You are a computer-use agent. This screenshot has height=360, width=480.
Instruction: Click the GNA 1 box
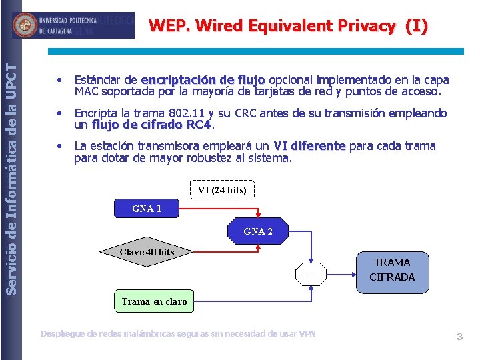(x=147, y=209)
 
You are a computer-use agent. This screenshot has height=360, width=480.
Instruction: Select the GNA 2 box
(x=258, y=231)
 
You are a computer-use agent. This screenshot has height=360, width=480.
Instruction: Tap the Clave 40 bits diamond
(x=147, y=252)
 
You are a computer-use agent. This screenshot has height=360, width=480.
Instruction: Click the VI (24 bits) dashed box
(x=222, y=190)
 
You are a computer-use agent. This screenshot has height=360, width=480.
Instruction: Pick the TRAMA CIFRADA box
(x=392, y=270)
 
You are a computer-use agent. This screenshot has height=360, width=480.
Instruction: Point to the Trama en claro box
(x=154, y=301)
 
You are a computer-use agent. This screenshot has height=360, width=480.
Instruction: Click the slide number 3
(x=459, y=337)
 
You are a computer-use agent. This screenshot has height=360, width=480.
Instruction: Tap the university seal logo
(x=26, y=25)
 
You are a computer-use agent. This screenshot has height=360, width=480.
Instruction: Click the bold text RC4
(x=199, y=125)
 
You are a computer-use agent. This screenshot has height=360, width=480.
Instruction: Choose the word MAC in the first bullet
(x=86, y=91)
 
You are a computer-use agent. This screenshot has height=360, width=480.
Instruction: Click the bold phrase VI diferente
(x=309, y=146)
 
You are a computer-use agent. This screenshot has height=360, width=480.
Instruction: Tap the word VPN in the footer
(x=307, y=333)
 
